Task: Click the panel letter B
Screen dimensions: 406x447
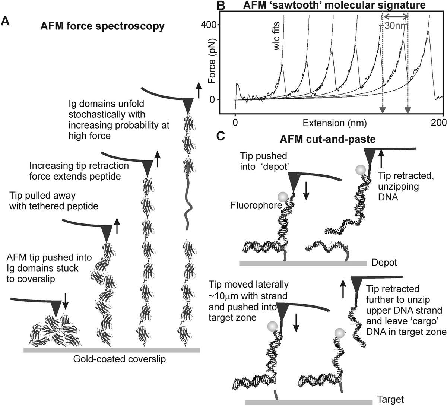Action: tap(221, 5)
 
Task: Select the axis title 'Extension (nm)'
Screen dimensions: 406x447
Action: tap(335, 122)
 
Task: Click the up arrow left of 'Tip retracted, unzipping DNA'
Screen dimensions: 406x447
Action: tap(381, 158)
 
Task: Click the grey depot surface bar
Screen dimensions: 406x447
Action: tap(303, 263)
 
